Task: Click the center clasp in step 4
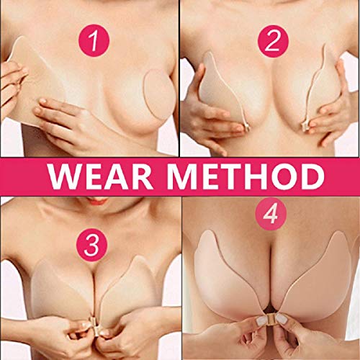[x=273, y=318]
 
